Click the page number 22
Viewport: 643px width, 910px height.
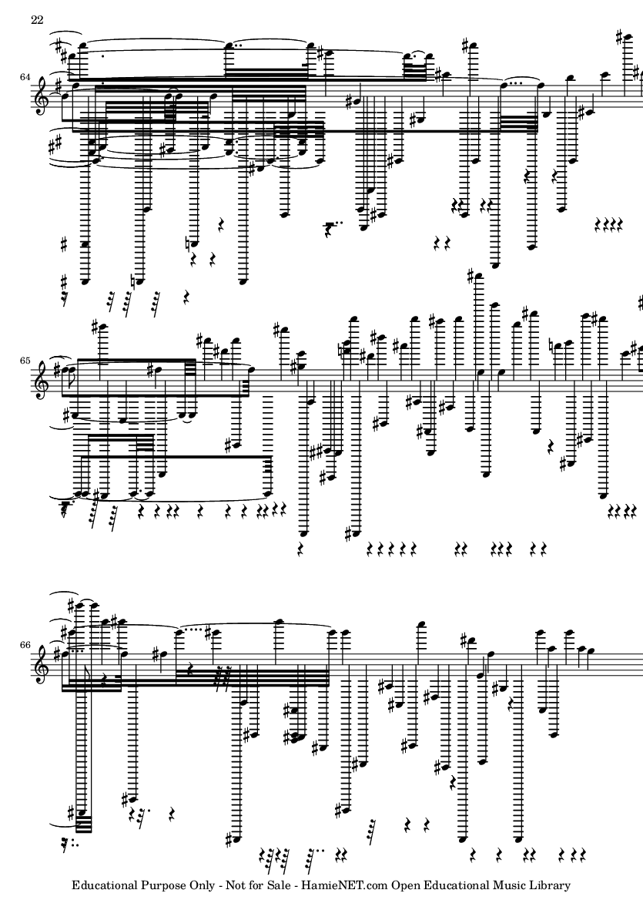[x=36, y=20]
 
